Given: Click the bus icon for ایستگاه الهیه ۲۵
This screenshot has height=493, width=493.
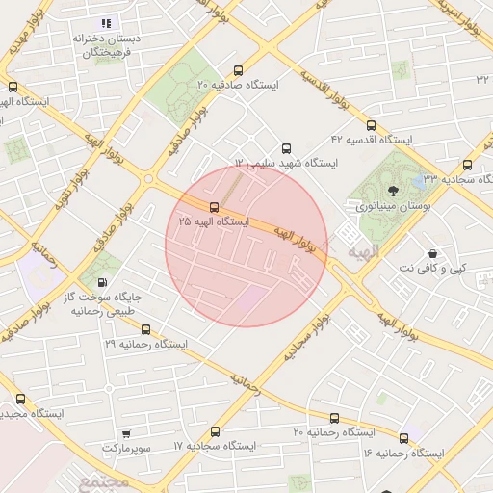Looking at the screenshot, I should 214,207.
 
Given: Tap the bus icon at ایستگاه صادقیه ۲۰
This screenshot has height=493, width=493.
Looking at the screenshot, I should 239,70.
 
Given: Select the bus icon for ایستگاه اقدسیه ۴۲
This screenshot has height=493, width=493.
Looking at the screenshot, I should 372,125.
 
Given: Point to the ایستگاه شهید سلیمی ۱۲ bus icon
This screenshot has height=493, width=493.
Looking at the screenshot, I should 285,148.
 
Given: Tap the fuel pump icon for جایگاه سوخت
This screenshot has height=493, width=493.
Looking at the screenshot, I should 102,283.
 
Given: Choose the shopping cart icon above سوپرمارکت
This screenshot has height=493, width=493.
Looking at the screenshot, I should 126,433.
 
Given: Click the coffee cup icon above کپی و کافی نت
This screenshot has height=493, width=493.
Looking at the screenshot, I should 432,251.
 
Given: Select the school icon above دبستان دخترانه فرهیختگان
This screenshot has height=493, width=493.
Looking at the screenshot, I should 106,23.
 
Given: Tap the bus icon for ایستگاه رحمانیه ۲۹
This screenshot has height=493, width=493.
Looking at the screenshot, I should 145,329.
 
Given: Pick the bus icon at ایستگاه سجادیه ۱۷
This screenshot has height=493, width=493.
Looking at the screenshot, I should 215,432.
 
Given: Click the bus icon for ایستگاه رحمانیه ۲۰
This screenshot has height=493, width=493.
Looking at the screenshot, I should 335,418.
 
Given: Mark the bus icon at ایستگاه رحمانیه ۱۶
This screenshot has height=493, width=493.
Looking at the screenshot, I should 404,438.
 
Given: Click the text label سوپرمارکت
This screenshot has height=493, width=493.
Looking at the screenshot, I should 126,449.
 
